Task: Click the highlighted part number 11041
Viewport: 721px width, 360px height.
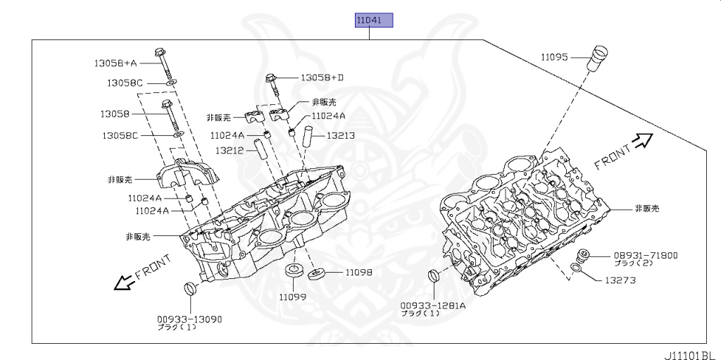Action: pyautogui.click(x=373, y=20)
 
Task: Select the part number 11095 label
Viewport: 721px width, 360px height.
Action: pyautogui.click(x=554, y=57)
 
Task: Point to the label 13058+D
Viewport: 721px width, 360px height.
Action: pyautogui.click(x=322, y=77)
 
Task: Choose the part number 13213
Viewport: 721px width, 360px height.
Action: pyautogui.click(x=340, y=136)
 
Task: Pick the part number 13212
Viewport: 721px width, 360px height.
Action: pyautogui.click(x=230, y=150)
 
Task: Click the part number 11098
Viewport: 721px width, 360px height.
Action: pyautogui.click(x=358, y=272)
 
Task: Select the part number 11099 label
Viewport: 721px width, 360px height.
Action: pyautogui.click(x=291, y=297)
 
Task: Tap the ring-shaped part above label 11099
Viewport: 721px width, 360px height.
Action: pyautogui.click(x=293, y=272)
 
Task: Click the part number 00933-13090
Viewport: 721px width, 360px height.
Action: pyautogui.click(x=189, y=319)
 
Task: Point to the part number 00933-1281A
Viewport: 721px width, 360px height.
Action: pyautogui.click(x=433, y=305)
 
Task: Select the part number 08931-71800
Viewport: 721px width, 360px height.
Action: pyautogui.click(x=646, y=255)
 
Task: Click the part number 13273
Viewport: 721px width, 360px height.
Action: pyautogui.click(x=620, y=280)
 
